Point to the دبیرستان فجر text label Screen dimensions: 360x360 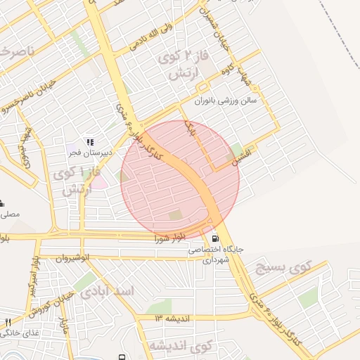[85, 153]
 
